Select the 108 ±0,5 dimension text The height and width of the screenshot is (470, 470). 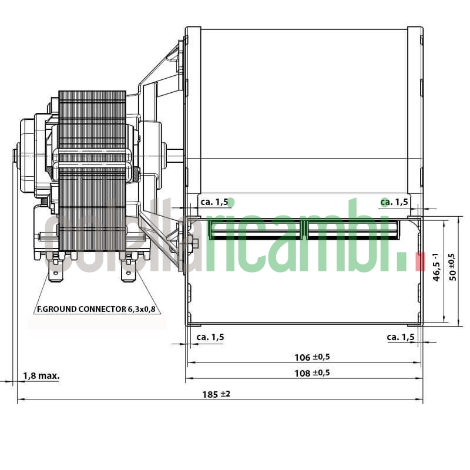(x=311, y=372)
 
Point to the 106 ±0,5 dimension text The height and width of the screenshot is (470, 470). (x=311, y=357)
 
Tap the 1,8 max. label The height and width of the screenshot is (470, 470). (x=41, y=375)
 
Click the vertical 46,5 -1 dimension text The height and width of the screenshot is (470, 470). (x=436, y=267)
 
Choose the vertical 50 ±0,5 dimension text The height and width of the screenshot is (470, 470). (x=452, y=267)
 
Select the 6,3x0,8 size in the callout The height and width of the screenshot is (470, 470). (x=142, y=308)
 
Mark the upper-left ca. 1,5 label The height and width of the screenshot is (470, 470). (x=214, y=202)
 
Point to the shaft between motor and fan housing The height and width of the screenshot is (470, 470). (x=174, y=155)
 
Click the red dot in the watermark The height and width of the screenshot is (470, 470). (x=419, y=262)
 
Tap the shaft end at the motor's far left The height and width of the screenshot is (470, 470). (x=15, y=156)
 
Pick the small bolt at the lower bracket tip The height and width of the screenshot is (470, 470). (x=195, y=243)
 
